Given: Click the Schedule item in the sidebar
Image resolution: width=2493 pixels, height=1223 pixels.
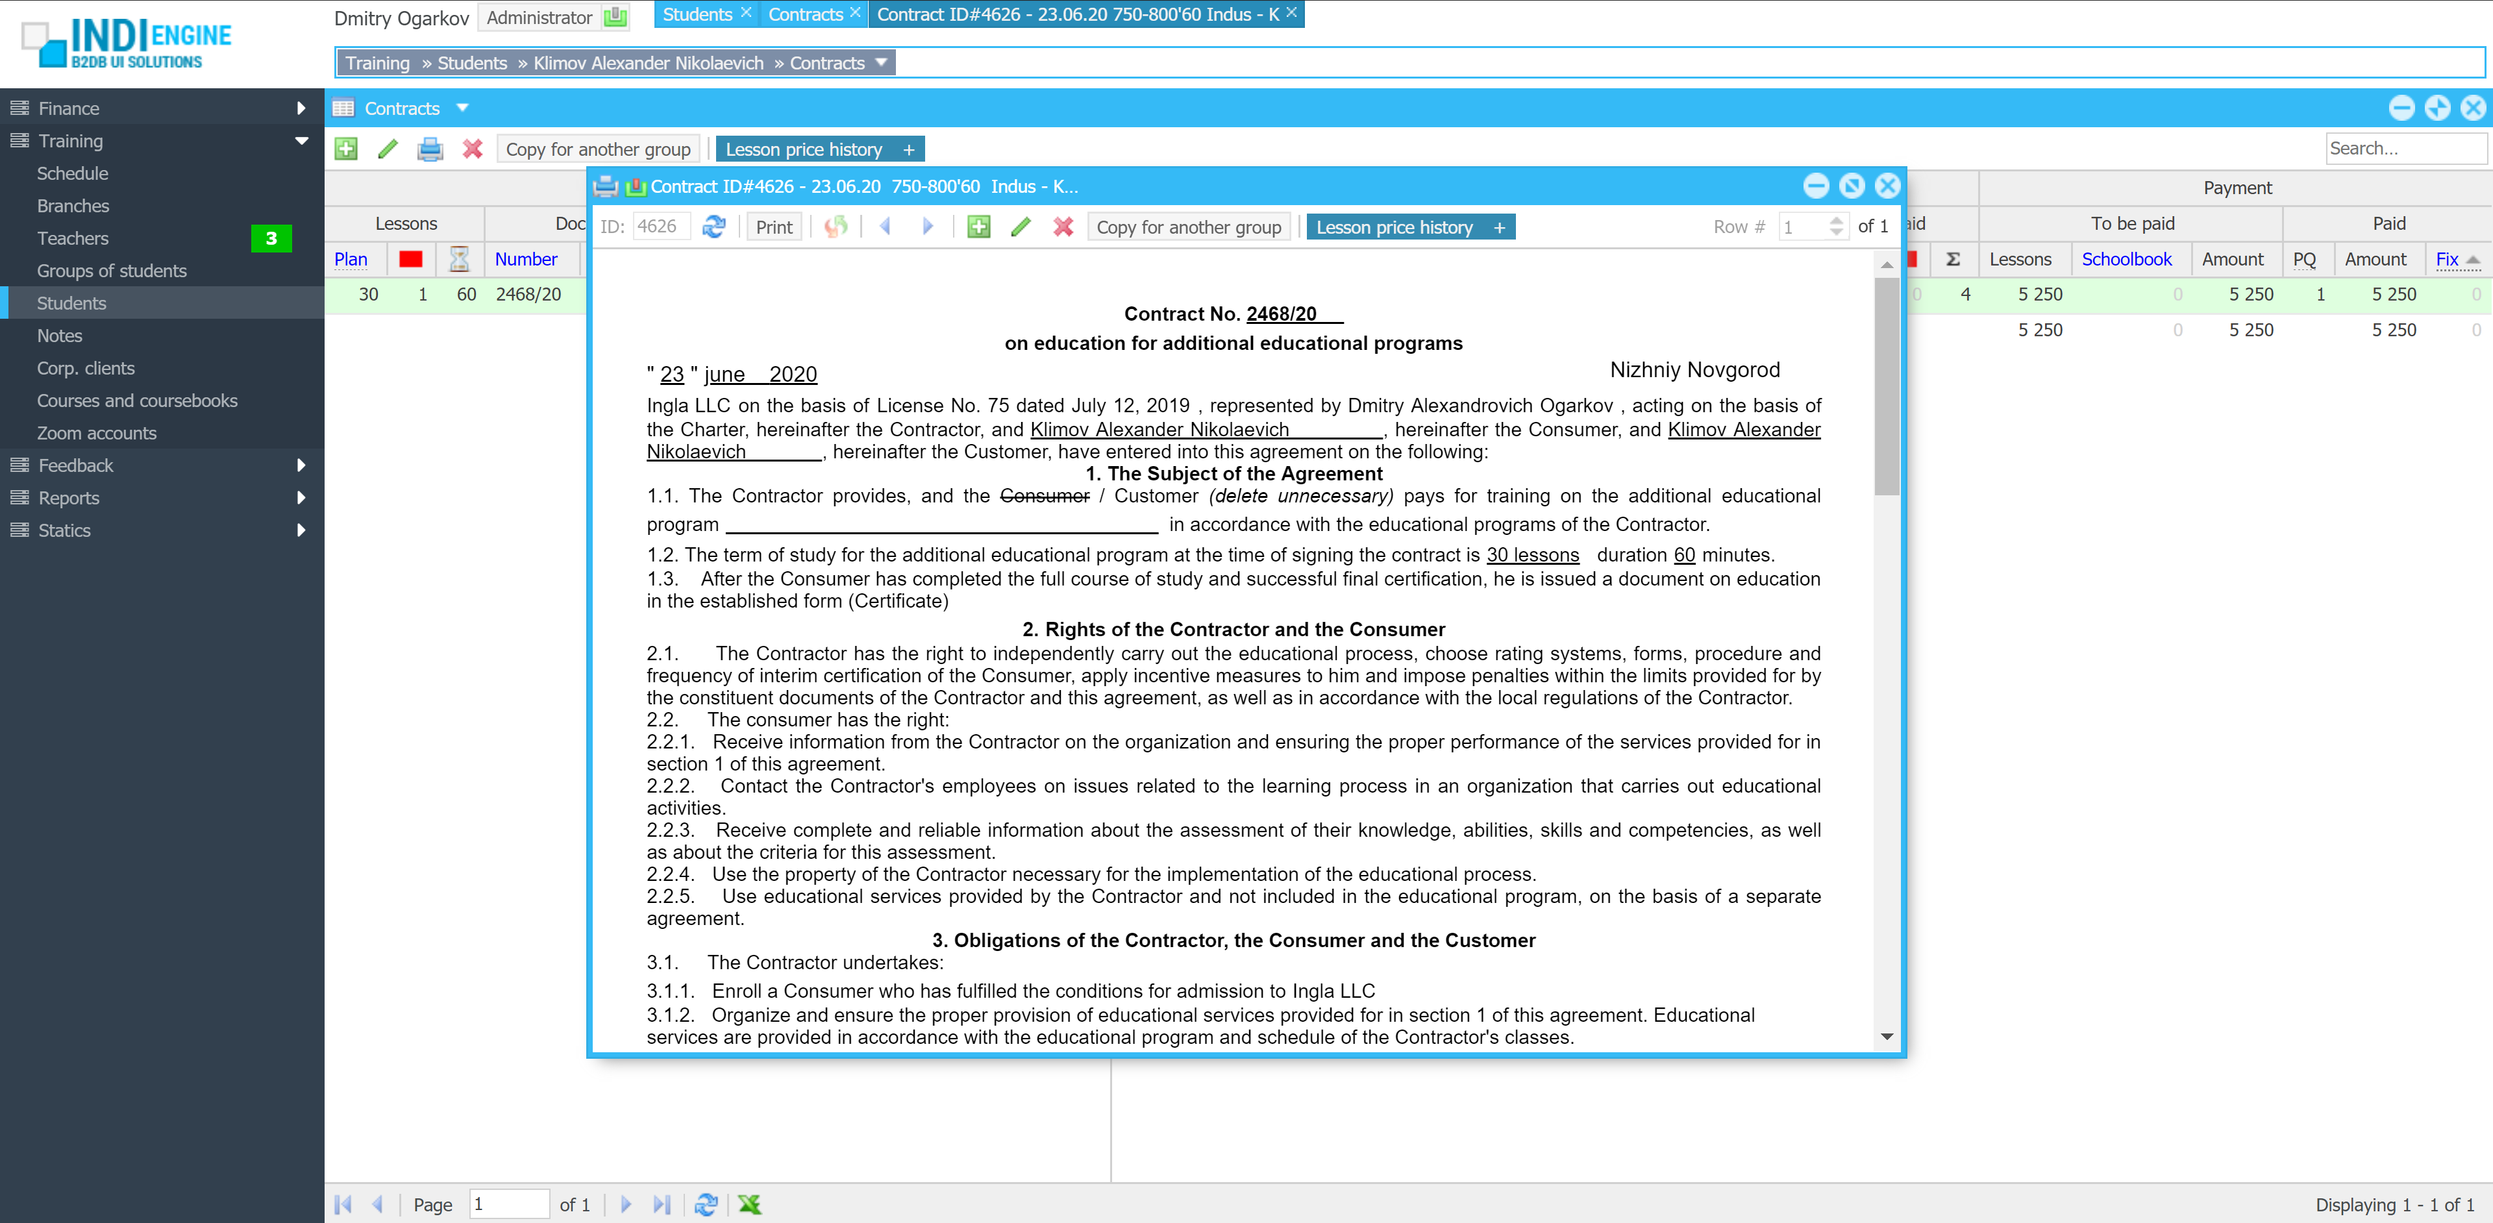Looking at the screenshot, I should (x=73, y=173).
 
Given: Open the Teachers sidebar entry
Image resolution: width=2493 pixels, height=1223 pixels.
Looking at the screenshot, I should (x=73, y=238).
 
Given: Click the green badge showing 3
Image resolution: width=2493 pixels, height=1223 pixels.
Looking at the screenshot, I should (x=271, y=238).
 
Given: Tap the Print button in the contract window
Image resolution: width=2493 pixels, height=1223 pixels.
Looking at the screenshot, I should (x=773, y=227).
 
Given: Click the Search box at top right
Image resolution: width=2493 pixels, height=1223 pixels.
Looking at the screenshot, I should (x=2404, y=148).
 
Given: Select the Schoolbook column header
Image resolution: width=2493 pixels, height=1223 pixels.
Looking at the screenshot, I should (x=2126, y=259).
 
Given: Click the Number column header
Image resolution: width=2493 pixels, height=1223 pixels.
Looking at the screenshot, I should (x=525, y=259).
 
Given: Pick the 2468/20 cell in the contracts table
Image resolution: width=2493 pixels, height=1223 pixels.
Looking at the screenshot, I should (x=528, y=294).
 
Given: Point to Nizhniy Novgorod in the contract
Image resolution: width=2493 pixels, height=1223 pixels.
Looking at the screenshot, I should (x=1694, y=369).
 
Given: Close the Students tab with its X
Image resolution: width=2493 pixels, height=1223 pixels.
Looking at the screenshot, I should (x=746, y=12).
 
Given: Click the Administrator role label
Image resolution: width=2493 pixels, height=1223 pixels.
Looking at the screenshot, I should (x=539, y=18).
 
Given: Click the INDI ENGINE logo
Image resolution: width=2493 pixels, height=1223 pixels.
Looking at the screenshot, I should (x=127, y=43).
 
